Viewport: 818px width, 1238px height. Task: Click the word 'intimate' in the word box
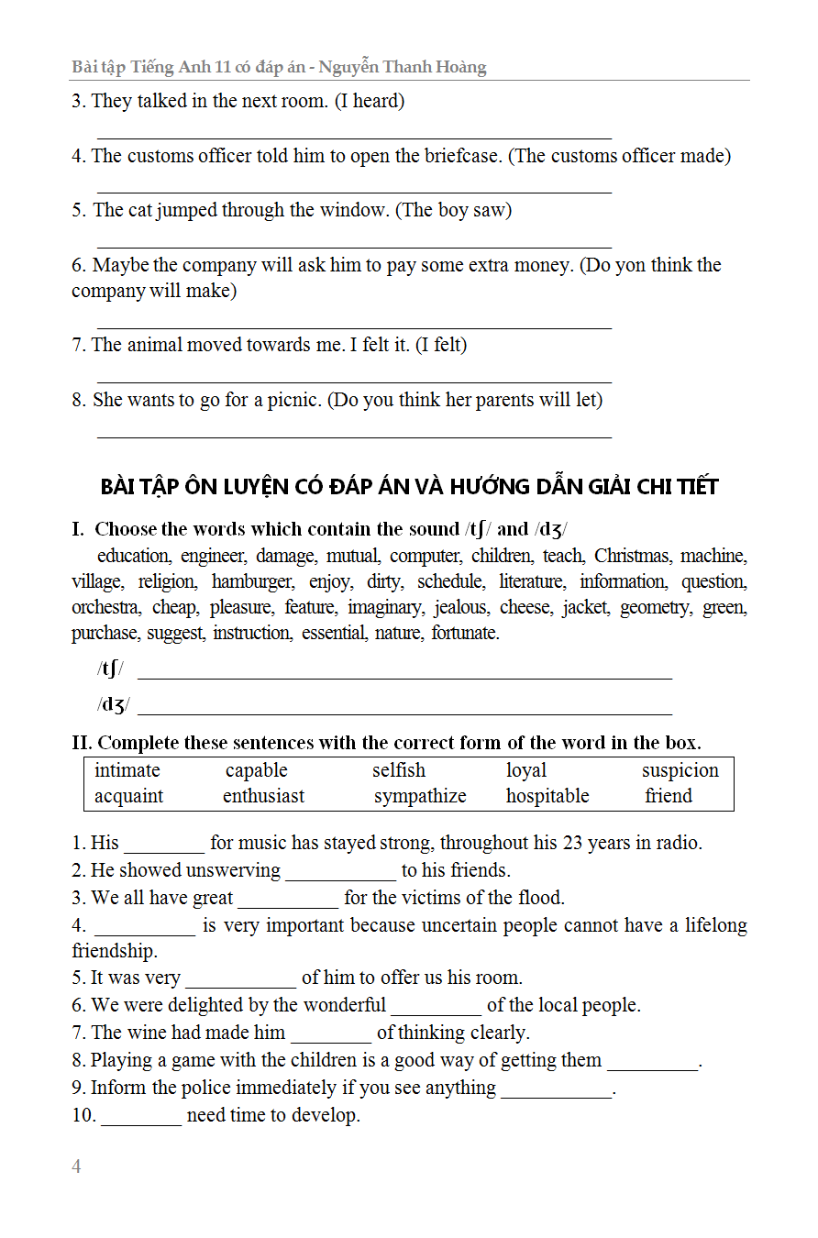127,770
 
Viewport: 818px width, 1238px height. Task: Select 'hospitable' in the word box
547,796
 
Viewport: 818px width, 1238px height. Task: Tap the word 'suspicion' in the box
680,770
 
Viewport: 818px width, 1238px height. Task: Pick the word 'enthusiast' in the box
264,796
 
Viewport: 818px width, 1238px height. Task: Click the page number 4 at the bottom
76,1166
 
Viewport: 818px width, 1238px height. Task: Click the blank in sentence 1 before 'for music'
164,849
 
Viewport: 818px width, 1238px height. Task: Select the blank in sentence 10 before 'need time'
141,1122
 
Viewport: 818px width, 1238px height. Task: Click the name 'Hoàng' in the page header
456,67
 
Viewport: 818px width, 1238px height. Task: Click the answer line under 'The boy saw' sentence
354,247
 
